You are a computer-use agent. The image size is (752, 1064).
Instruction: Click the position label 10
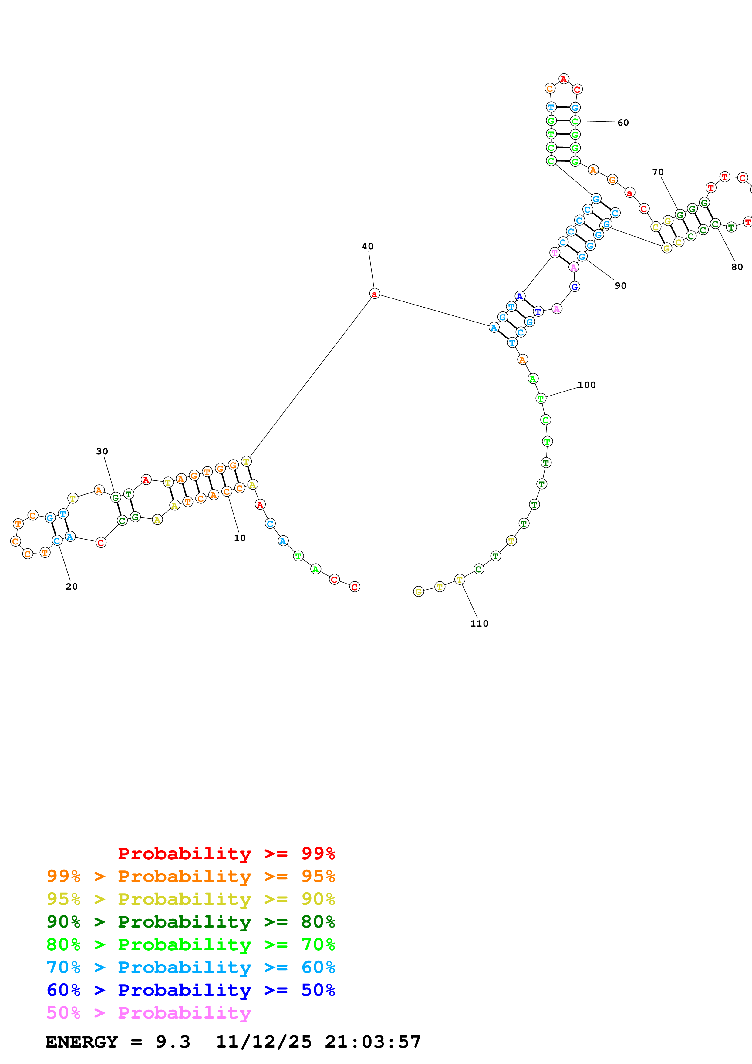pos(240,538)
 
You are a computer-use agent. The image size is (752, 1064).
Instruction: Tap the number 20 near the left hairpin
pos(72,587)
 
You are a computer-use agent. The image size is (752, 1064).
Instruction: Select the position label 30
pos(102,451)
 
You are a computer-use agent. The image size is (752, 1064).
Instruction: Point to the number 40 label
pos(367,247)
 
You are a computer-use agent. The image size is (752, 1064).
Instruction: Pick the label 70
pos(657,172)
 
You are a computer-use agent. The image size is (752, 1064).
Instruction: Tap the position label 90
pos(620,286)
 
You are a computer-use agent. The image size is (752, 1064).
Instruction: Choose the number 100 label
pos(587,385)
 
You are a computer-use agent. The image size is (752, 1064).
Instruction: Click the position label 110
pos(479,624)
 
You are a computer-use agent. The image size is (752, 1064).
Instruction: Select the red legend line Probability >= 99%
pos(226,853)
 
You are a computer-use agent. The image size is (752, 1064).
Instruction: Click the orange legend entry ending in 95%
pos(191,876)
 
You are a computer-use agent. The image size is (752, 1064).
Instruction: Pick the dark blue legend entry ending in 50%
pos(191,990)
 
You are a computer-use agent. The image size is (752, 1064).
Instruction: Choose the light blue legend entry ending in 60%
pos(191,967)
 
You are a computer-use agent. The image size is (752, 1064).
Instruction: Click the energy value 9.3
pos(173,1042)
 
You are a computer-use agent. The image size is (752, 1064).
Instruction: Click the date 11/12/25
pos(264,1042)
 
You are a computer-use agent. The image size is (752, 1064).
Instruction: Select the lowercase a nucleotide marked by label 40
pos(374,294)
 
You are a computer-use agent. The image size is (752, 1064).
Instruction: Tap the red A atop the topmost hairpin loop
pos(563,79)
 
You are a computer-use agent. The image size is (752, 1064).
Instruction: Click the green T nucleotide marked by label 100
pos(540,399)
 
